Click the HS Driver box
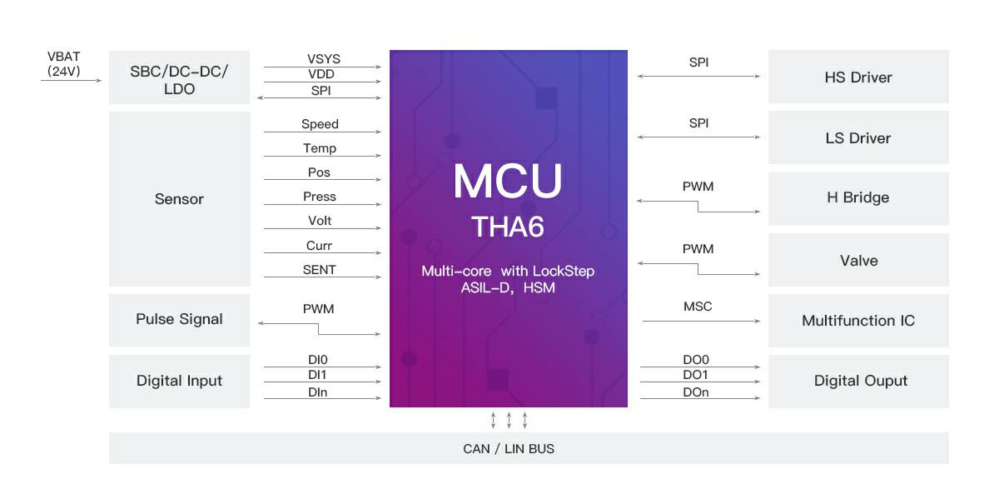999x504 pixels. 858,77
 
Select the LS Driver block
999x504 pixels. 858,137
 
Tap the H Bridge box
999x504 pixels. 858,198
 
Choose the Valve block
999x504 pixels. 858,260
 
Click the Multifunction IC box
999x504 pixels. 858,321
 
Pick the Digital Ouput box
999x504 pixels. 858,382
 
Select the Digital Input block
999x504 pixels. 179,382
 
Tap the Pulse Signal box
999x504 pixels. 179,320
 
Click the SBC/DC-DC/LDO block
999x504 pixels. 179,77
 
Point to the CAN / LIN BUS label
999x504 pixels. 509,449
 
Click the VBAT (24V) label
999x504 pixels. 64,64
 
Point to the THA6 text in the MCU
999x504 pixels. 508,227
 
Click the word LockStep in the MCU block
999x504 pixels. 564,271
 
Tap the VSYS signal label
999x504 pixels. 323,59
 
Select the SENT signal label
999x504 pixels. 320,270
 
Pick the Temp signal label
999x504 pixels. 320,148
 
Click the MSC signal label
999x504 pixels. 698,307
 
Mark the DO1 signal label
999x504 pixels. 695,375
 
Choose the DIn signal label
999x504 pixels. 317,392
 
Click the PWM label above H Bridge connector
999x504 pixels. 698,187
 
